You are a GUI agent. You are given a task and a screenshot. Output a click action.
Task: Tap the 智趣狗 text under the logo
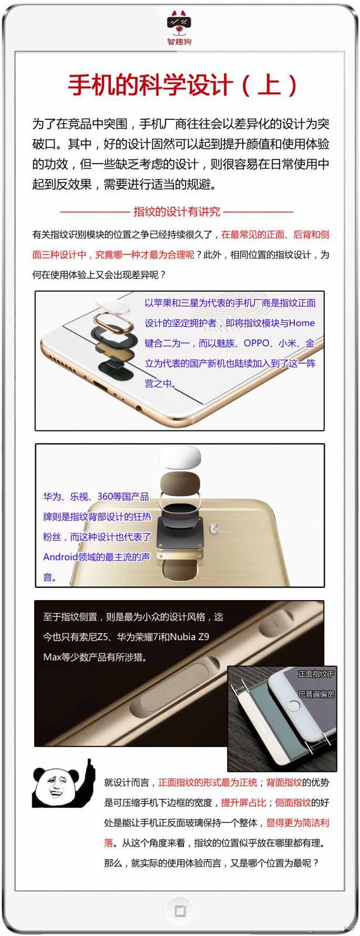[x=180, y=41]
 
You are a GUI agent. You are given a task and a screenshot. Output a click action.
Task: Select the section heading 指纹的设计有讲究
[x=177, y=211]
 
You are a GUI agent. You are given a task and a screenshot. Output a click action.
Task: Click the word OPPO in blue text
[x=256, y=343]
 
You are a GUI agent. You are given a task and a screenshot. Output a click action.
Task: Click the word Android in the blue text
[x=60, y=557]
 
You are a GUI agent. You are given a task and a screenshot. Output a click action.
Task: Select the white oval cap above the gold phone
[x=180, y=457]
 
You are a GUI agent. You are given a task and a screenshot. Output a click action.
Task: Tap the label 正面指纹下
[x=316, y=674]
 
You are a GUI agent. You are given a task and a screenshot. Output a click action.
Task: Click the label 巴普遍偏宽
[x=316, y=694]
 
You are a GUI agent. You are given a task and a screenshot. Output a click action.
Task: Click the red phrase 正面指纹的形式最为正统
[x=208, y=783]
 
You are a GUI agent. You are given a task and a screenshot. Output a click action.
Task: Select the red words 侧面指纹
[x=293, y=803]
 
